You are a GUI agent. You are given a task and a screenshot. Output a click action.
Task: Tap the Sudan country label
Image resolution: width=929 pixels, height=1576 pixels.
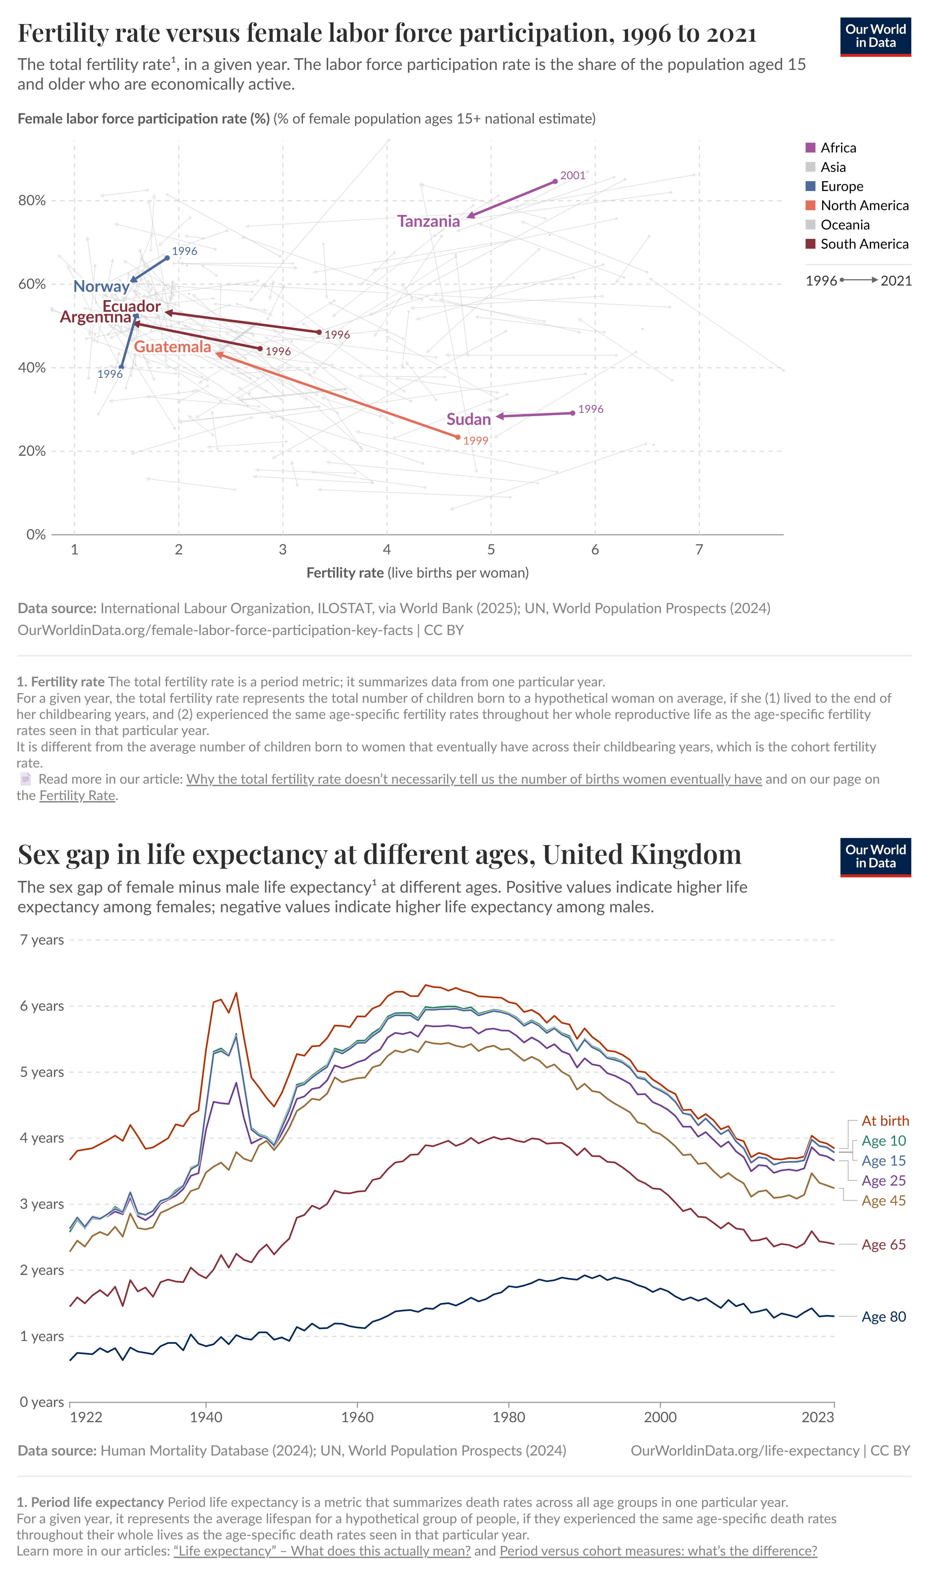click(468, 419)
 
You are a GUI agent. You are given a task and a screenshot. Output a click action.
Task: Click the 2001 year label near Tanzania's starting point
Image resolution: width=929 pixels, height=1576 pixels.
click(572, 176)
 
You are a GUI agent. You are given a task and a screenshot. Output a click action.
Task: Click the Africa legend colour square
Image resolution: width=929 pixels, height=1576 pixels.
click(810, 148)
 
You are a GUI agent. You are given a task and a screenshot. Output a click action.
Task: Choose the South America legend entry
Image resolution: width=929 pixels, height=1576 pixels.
click(864, 244)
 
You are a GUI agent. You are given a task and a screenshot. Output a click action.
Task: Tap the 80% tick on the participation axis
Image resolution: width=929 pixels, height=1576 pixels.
click(32, 201)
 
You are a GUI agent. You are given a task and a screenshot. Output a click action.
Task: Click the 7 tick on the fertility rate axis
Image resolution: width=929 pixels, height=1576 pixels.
click(699, 549)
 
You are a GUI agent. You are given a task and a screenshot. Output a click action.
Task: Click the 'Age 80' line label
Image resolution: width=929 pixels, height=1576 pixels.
click(883, 1317)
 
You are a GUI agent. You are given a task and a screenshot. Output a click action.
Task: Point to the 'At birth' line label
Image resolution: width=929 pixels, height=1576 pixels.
click(884, 1121)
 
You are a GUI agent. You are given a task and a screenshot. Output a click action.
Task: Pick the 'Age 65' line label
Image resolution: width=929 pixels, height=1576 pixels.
click(883, 1245)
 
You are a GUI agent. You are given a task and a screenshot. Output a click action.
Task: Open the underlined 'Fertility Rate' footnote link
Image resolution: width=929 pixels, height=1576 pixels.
click(77, 795)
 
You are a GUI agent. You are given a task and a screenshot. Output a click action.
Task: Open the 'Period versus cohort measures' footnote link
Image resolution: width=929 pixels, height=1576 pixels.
click(658, 1551)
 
